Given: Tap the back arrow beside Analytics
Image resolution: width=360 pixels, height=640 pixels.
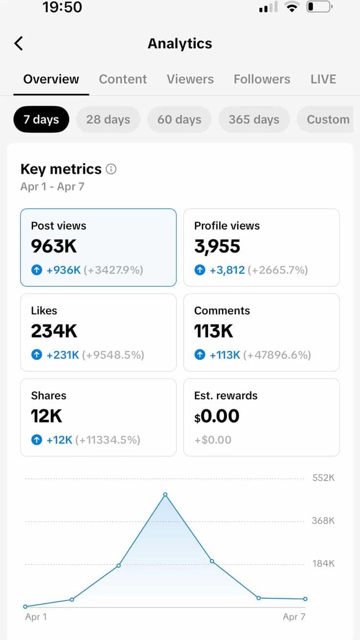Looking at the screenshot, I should point(19,44).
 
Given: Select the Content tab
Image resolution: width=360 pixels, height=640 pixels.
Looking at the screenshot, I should point(123,79).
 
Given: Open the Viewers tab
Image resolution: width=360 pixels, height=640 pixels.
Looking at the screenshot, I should point(190,79).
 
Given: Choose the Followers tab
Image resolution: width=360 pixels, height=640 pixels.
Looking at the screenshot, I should point(262,79).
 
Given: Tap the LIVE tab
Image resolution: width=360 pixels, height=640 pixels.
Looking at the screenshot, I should point(323,79).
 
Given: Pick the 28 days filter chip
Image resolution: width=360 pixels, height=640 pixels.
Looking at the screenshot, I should point(108,119).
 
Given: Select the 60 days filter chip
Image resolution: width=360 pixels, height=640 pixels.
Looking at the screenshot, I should point(179,119).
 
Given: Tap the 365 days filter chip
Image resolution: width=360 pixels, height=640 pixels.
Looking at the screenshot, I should point(254,119).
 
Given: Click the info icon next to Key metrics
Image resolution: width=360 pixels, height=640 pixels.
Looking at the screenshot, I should point(112,169).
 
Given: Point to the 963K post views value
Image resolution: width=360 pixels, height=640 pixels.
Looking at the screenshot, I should point(54,246).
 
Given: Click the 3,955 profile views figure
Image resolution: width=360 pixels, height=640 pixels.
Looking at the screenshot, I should point(217,246).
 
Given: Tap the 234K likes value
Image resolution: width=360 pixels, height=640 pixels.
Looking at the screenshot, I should point(54,331).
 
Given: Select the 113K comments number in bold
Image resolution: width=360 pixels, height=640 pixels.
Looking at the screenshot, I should point(214,331).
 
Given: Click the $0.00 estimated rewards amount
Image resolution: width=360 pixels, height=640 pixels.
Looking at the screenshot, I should point(217,416).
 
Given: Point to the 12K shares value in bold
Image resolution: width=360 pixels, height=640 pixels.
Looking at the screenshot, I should point(46,416).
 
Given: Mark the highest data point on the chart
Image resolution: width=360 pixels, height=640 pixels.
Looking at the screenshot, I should point(165,495).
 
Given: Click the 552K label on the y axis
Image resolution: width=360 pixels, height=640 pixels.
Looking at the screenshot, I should point(323,478).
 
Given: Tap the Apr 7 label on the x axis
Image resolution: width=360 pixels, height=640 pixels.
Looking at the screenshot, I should point(294,617).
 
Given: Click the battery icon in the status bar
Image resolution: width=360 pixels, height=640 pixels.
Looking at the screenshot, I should point(319,7).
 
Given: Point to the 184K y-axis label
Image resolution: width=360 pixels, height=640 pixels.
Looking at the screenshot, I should point(323,564).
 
